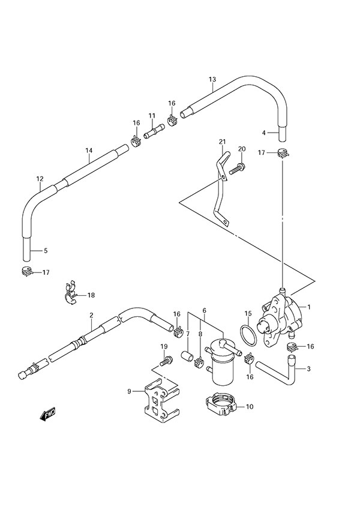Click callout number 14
coord(88,151)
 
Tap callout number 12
coord(40,179)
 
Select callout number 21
coord(222,142)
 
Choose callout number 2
coord(91,315)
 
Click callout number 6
coord(205,311)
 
